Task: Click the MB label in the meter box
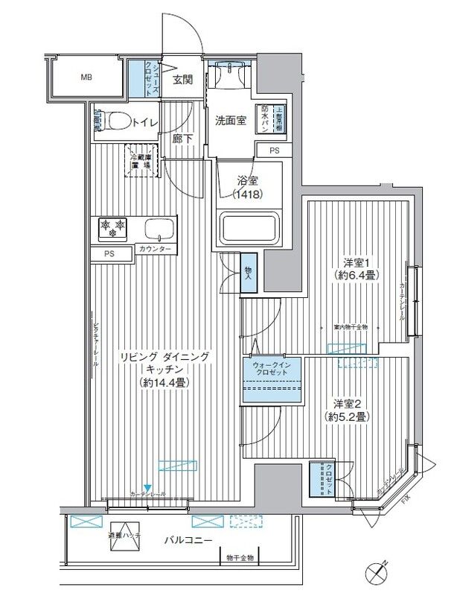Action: click(88, 77)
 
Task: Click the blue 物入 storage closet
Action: click(248, 274)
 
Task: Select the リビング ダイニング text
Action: click(165, 357)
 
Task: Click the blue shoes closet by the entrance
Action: click(138, 77)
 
